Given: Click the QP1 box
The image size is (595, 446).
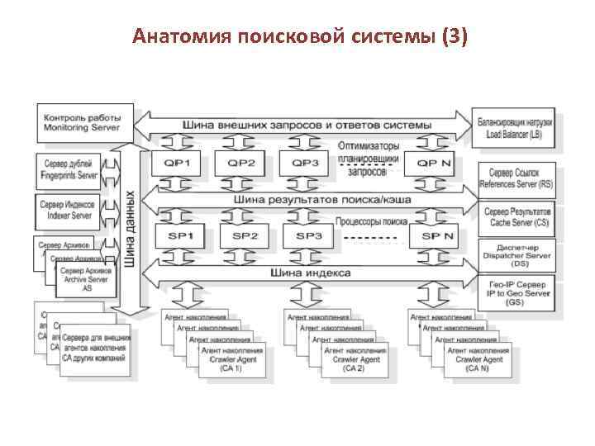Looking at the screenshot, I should (180, 164).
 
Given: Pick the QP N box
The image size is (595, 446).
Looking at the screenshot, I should (433, 164).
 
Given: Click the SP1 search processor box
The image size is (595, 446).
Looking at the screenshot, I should (180, 236).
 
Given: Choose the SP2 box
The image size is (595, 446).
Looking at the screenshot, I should (245, 236).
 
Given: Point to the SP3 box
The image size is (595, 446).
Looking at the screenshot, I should (308, 236).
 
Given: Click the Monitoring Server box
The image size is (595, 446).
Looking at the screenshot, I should (79, 122).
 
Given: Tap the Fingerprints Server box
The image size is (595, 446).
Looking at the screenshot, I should (69, 170).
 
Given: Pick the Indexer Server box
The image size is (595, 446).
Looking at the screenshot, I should (69, 210).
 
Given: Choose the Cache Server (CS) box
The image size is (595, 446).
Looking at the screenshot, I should (516, 218).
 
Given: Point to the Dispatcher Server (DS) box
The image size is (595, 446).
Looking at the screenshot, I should (516, 255).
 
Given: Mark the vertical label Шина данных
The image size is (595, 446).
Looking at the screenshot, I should (131, 229).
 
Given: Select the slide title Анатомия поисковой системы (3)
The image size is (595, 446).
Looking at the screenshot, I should (300, 36).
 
